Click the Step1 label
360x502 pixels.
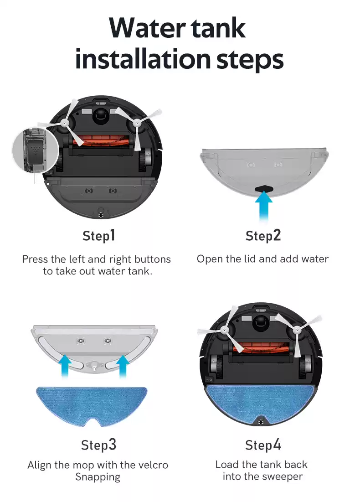tap(98, 236)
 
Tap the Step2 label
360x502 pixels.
tap(263, 236)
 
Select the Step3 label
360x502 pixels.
tap(98, 445)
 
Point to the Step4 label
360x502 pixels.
tap(263, 445)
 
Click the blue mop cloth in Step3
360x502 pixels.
tap(92, 404)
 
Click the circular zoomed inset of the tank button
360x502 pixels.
tap(36, 151)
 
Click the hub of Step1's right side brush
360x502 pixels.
tap(137, 122)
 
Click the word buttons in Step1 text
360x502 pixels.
tap(152, 259)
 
